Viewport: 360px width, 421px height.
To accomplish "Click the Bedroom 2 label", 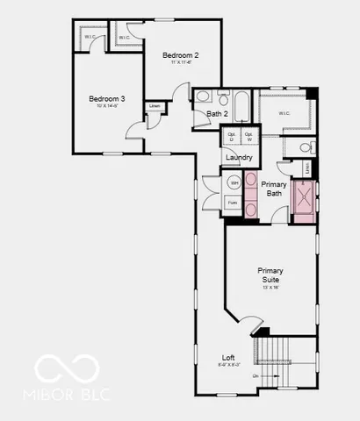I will [180, 55].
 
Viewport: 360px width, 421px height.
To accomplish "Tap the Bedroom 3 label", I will [106, 99].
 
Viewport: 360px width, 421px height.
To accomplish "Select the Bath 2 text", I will [217, 114].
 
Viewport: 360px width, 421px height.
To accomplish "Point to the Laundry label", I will [239, 158].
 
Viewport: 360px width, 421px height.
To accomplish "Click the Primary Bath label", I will [274, 189].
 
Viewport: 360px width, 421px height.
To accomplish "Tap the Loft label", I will [227, 358].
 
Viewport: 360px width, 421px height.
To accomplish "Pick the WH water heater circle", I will [234, 182].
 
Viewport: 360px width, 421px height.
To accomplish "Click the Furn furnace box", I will [233, 203].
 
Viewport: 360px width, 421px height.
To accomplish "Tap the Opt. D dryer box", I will [231, 138].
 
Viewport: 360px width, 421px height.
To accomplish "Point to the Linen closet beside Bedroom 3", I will [155, 106].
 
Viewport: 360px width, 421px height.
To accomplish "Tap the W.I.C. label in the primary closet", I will [284, 113].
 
